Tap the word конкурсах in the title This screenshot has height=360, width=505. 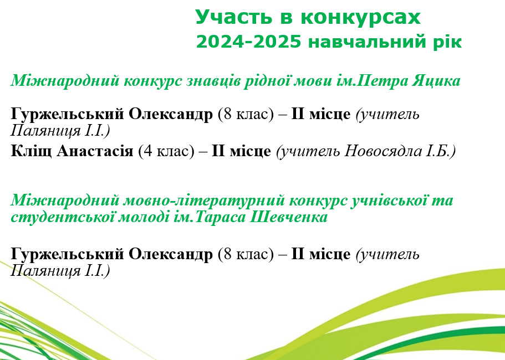pos(361,17)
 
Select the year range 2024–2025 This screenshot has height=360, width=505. pos(249,42)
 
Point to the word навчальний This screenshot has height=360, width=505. pos(368,42)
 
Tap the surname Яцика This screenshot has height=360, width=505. pos(436,81)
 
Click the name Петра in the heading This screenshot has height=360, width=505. pos(381,80)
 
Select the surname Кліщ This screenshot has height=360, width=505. pos(31,150)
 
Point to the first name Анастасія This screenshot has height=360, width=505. pos(95,151)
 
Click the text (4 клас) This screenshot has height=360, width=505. pos(166,151)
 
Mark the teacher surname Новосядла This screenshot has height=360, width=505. pos(382,151)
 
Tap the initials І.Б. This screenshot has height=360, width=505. pos(440,151)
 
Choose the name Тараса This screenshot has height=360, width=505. pos(220,217)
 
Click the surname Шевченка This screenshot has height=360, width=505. pos(289,217)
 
